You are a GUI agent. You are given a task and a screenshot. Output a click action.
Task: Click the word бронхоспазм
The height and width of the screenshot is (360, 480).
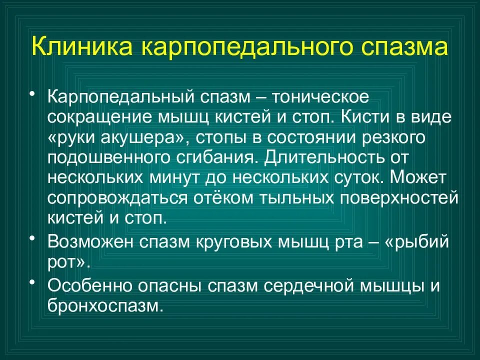click(105, 305)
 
